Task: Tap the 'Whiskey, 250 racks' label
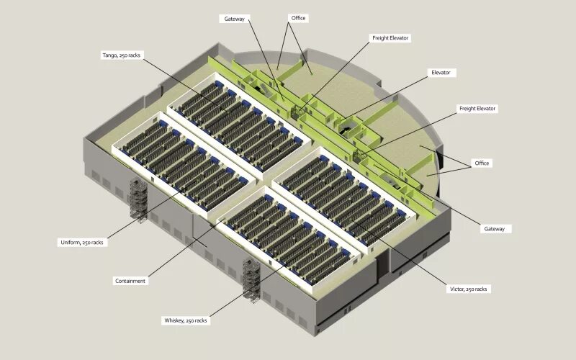186,320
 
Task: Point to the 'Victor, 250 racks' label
468,289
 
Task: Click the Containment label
130,281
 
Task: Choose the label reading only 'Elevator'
440,73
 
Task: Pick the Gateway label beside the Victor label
495,228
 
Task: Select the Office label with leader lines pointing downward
297,17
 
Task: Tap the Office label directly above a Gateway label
482,163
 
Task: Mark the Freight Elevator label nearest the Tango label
390,37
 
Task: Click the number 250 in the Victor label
472,289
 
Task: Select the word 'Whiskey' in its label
175,320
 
